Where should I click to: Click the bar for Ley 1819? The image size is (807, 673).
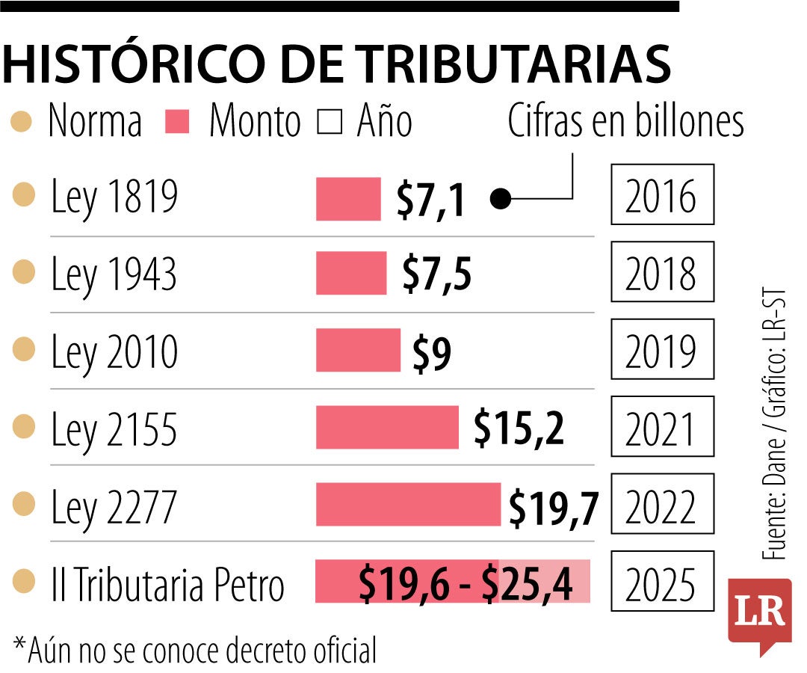348,199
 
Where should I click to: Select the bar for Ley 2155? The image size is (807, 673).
387,428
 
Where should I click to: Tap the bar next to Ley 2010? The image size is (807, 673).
358,351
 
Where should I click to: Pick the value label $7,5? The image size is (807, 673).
436,274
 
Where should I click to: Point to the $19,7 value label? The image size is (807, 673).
554,508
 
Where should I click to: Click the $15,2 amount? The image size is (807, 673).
519,429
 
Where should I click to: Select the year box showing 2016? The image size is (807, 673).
662,196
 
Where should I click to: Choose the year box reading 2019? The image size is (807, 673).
662,351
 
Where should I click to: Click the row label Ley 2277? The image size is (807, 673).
114,508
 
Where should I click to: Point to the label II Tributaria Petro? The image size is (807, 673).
167,585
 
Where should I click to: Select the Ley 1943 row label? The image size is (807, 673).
114,274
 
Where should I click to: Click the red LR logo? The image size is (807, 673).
759,613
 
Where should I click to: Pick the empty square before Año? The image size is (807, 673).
330,122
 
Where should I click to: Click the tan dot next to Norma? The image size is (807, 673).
22,122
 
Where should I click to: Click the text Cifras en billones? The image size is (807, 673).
626,121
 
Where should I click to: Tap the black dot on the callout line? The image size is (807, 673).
501,200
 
